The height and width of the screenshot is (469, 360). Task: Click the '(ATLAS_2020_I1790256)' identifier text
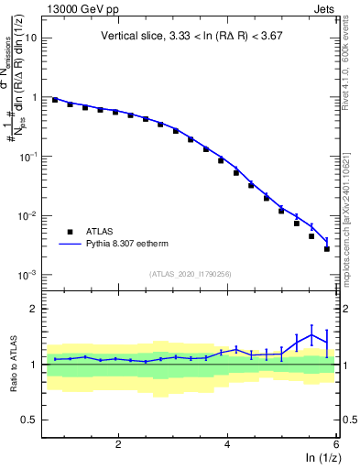190,273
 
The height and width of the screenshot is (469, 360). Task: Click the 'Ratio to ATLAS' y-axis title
13,364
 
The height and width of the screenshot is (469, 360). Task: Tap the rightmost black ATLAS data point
327,248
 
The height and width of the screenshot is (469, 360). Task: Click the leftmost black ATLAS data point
55,100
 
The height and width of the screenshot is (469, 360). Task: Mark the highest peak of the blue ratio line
312,334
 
